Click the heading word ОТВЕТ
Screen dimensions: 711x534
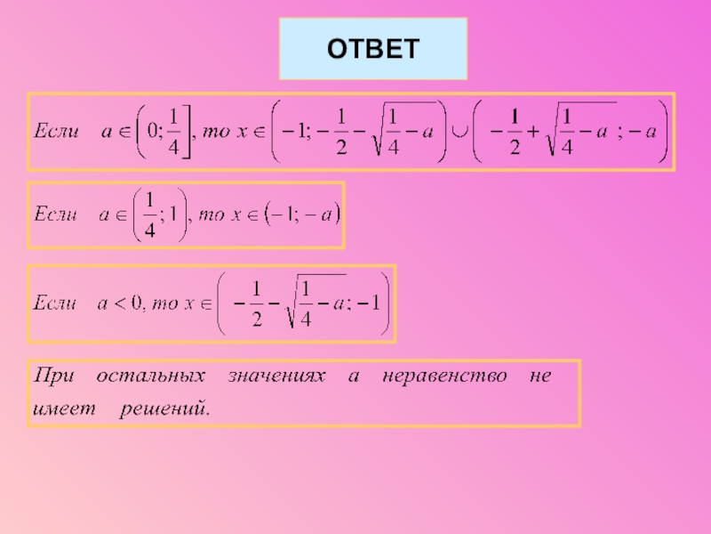click(x=373, y=49)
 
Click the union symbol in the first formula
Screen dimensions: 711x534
click(x=459, y=132)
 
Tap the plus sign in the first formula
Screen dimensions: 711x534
click(x=532, y=131)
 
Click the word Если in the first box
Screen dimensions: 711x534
click(x=57, y=131)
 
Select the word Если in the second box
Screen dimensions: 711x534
click(x=55, y=214)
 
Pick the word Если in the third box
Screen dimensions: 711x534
click(x=54, y=303)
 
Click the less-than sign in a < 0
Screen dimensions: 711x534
click(x=119, y=303)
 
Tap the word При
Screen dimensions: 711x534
click(x=53, y=376)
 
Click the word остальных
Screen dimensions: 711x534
click(x=150, y=376)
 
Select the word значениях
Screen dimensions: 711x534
click(x=276, y=376)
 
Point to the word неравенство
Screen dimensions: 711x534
click(x=444, y=376)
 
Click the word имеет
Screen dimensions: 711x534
click(x=64, y=409)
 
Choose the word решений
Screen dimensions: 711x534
click(x=165, y=409)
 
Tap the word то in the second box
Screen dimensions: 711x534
click(x=212, y=214)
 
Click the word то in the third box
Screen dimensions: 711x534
click(x=164, y=303)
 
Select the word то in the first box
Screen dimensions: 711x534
click(x=216, y=132)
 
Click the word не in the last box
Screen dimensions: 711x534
click(x=540, y=376)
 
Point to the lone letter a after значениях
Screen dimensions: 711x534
click(x=354, y=376)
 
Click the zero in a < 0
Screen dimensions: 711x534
click(x=137, y=303)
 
